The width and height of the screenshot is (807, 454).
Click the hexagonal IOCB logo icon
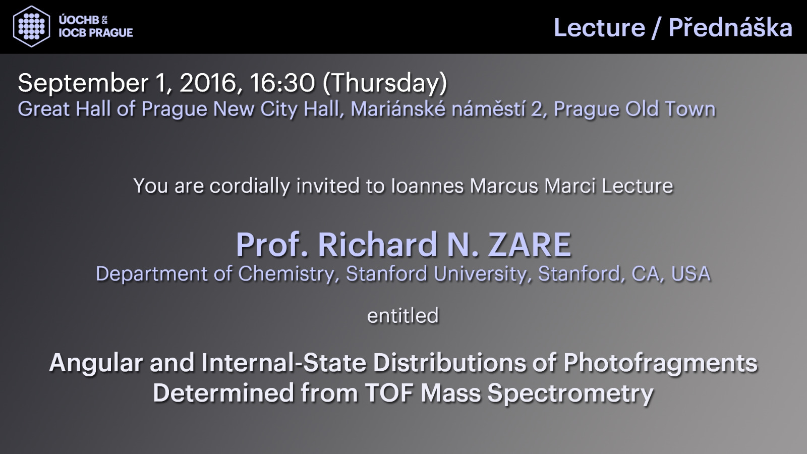(31, 27)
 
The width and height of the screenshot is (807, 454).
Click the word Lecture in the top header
(599, 28)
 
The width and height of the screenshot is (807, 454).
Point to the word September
(83, 84)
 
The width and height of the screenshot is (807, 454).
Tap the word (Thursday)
(385, 83)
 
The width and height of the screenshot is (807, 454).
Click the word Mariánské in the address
(398, 109)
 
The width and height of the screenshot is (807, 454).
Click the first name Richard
(377, 245)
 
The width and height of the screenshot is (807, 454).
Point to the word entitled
(403, 315)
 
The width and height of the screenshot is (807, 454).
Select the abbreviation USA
(690, 273)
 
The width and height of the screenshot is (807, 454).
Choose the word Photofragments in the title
(660, 363)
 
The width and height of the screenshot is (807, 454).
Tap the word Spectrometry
(570, 393)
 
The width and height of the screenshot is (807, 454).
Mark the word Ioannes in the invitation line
(427, 186)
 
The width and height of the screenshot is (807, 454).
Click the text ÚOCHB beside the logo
(79, 20)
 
